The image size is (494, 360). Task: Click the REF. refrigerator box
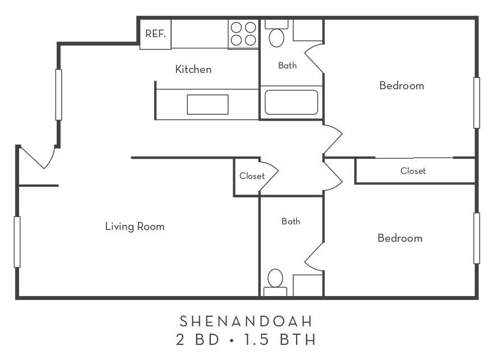pos(155,34)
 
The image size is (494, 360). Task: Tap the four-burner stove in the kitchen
pos(243,33)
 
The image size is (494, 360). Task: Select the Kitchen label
pos(193,70)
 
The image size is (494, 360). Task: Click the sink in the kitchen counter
pos(207,104)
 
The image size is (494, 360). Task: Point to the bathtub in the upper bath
pos(291,102)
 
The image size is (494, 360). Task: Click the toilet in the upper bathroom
pos(276,35)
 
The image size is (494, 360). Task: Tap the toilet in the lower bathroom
pos(275,281)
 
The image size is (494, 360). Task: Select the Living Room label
pos(135,227)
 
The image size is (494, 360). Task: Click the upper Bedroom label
pos(401,86)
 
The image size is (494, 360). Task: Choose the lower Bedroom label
pos(400,238)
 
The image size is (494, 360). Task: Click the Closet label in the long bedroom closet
pos(413,171)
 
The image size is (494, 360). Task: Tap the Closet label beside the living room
pos(252,176)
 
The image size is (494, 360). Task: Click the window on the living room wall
pos(17,242)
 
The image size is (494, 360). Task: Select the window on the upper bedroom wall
pos(477,103)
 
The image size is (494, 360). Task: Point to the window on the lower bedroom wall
pos(477,238)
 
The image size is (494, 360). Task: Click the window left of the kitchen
pos(58,94)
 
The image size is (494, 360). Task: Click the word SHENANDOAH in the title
pos(246,321)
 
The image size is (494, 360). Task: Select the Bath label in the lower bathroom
pos(290,221)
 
